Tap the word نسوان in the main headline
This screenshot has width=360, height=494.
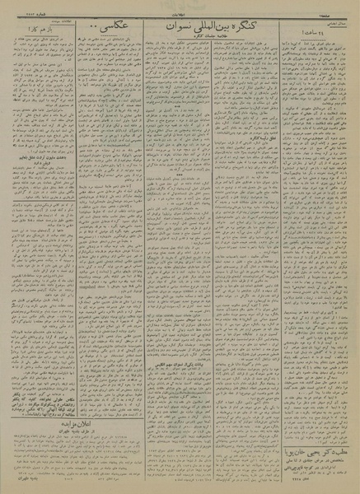(x=169, y=38)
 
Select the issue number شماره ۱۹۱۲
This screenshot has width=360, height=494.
(x=21, y=11)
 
